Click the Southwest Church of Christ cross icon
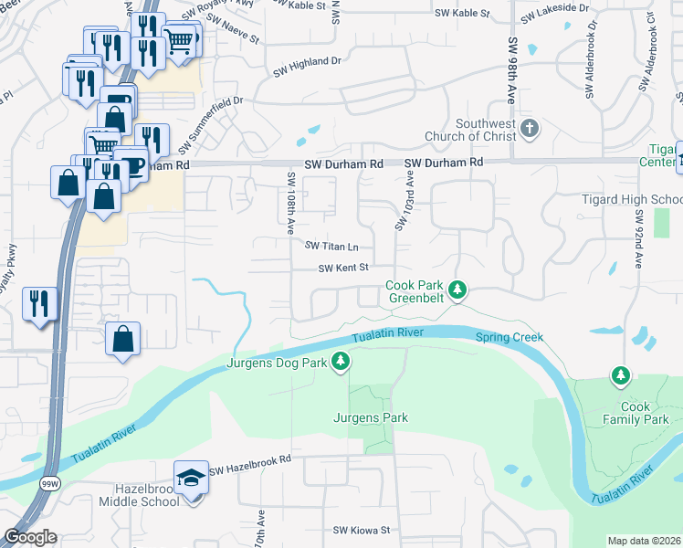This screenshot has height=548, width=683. point(529,129)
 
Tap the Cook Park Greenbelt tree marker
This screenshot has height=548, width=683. point(458,291)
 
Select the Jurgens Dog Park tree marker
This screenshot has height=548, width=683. point(341,363)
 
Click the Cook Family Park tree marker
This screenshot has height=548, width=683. point(621,375)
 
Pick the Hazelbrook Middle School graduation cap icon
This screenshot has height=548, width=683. point(191,478)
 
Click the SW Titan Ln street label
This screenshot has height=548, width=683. point(331,247)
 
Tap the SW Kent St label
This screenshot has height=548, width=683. point(342,268)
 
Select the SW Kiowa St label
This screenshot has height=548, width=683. point(361,530)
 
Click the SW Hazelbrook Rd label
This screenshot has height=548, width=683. point(249,470)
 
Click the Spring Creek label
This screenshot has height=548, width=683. point(509,337)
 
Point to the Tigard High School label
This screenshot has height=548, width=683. point(632,200)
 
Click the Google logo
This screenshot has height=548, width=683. point(29,537)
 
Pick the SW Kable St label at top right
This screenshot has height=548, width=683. point(462,15)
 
